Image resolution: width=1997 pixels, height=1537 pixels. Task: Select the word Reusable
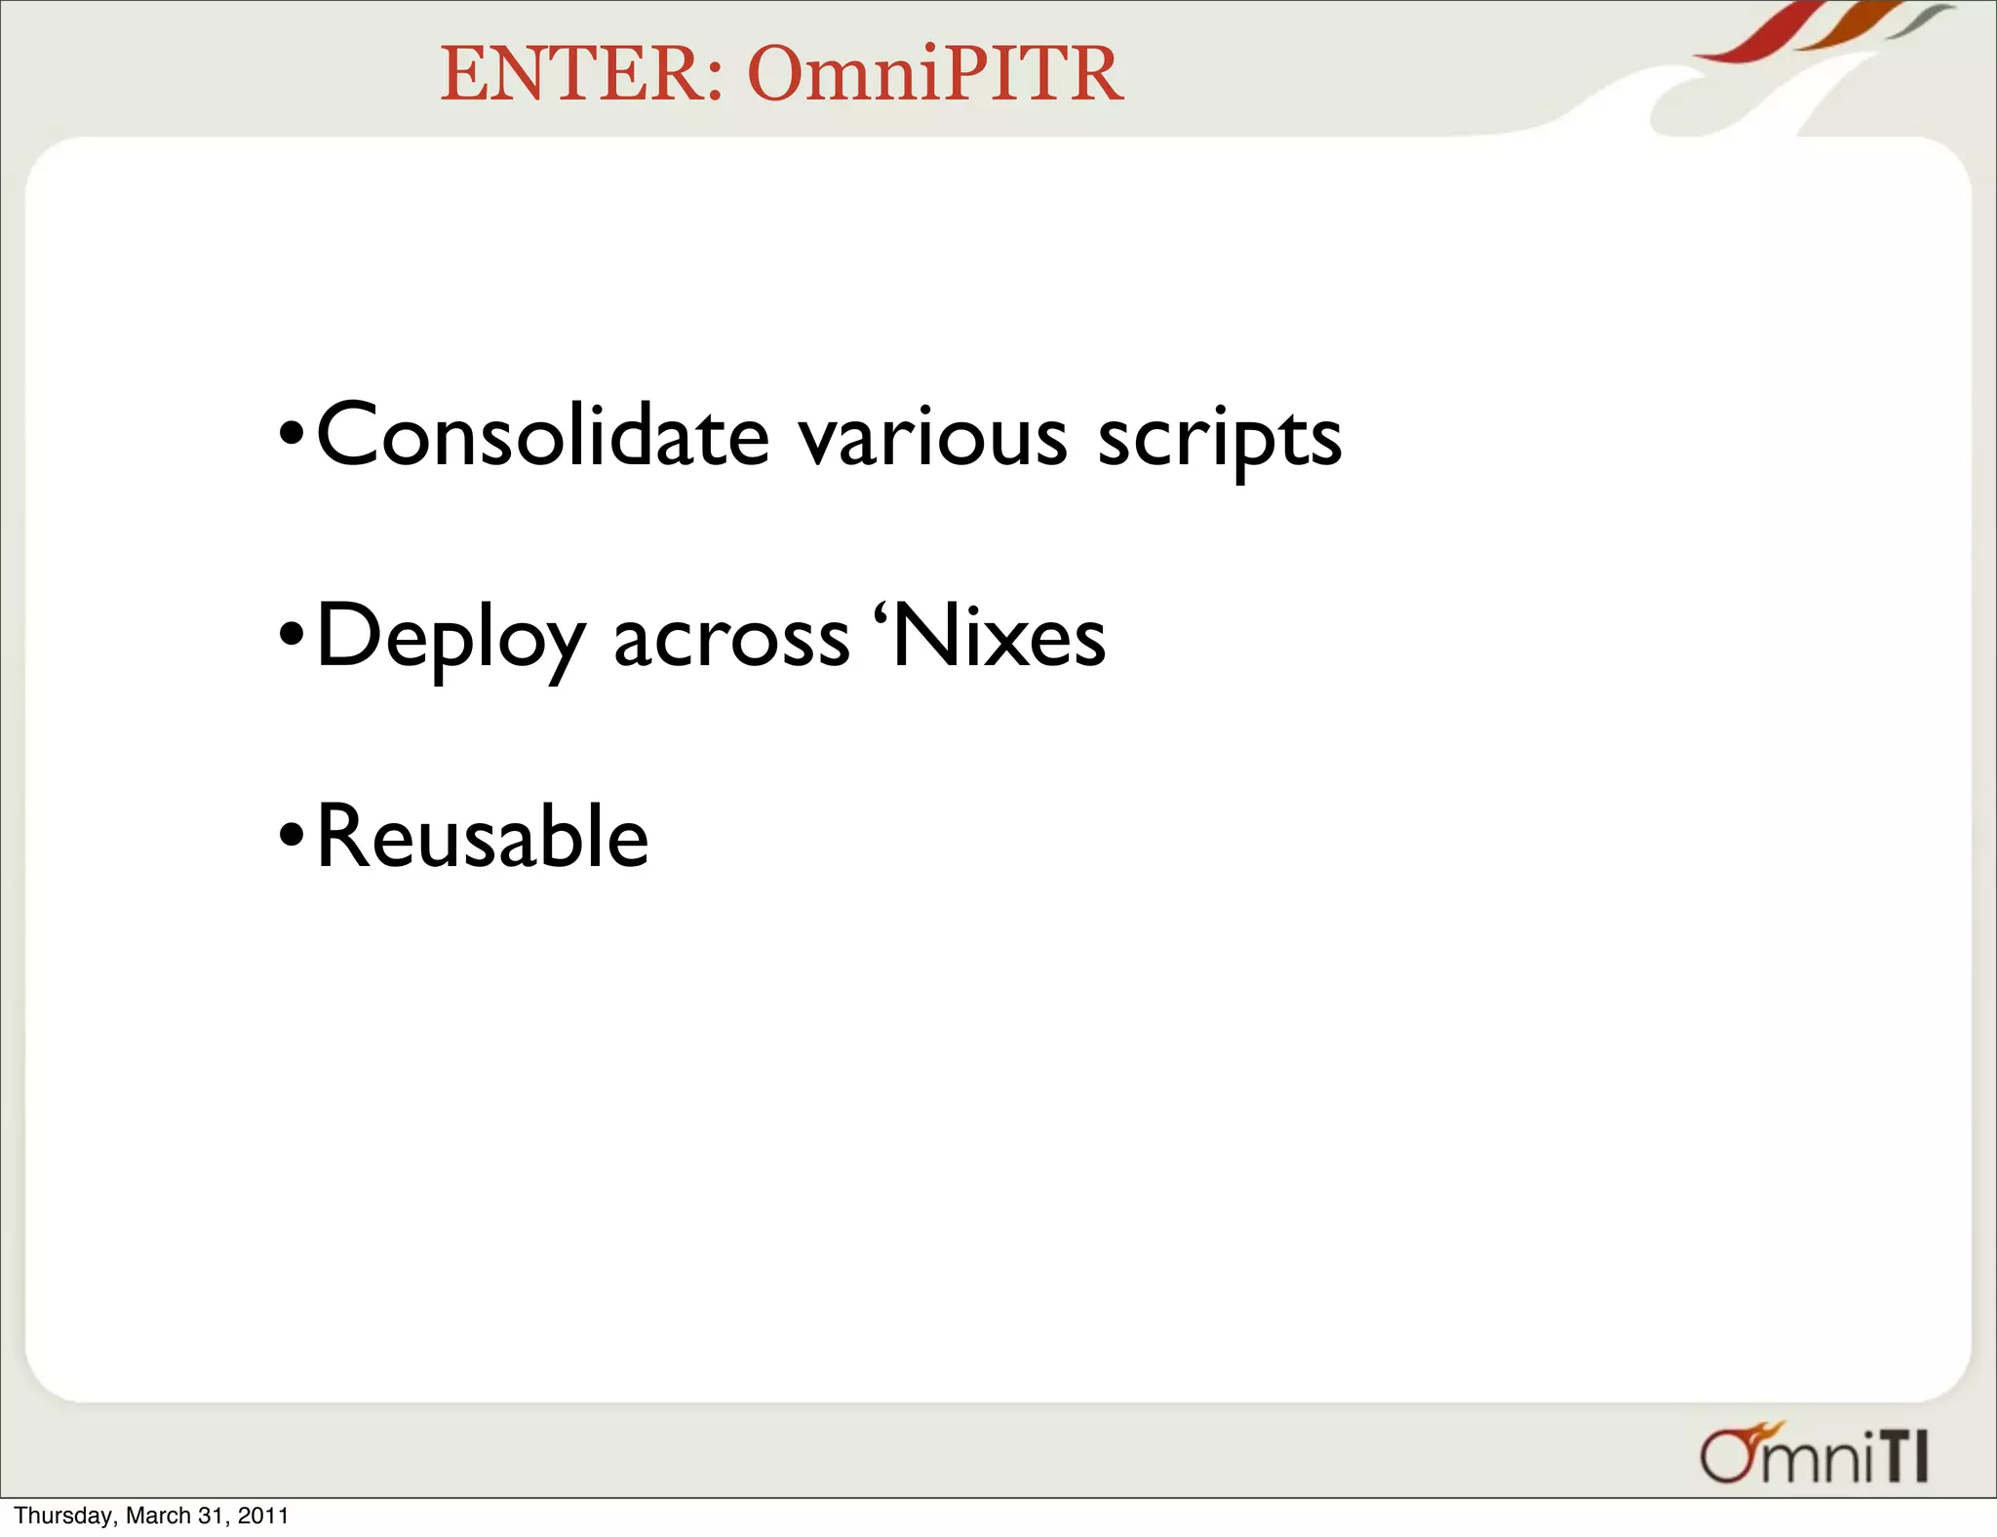click(x=483, y=836)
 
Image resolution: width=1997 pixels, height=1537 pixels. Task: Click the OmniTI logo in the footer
click(x=1814, y=1454)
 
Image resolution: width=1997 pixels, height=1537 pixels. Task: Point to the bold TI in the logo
click(x=1902, y=1459)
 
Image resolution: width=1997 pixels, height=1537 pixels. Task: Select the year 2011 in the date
click(x=264, y=1516)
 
